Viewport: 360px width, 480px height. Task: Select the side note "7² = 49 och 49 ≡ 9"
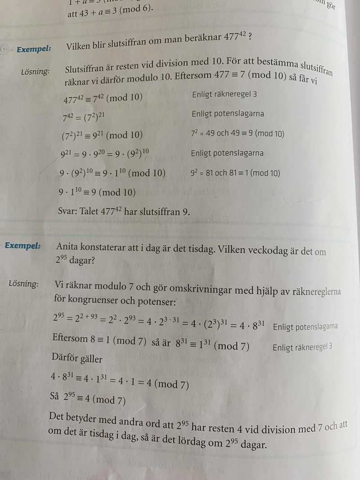(238, 134)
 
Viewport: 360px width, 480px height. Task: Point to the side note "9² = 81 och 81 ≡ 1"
(235, 173)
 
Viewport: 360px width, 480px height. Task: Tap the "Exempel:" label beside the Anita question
(22, 246)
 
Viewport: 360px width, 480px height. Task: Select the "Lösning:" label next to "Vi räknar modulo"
(23, 284)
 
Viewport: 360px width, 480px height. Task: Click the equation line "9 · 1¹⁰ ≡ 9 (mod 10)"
(97, 192)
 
